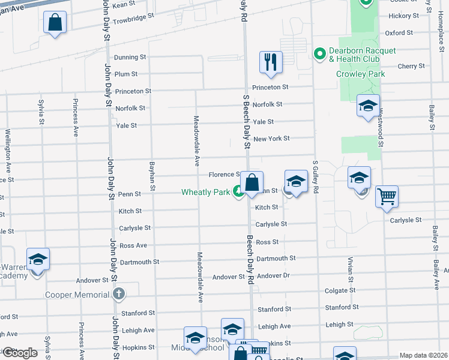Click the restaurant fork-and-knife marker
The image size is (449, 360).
click(271, 62)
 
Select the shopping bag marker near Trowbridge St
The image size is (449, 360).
click(55, 23)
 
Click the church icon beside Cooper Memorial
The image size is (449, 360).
click(119, 294)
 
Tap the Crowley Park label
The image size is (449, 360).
click(360, 74)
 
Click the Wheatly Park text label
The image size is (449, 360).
click(206, 193)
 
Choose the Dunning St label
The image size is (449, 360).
click(130, 57)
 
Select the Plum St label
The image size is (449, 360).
click(126, 74)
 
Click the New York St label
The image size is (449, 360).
click(271, 139)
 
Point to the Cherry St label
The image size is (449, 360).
click(411, 66)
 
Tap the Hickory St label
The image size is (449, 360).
click(403, 16)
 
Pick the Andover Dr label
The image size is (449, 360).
click(273, 276)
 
